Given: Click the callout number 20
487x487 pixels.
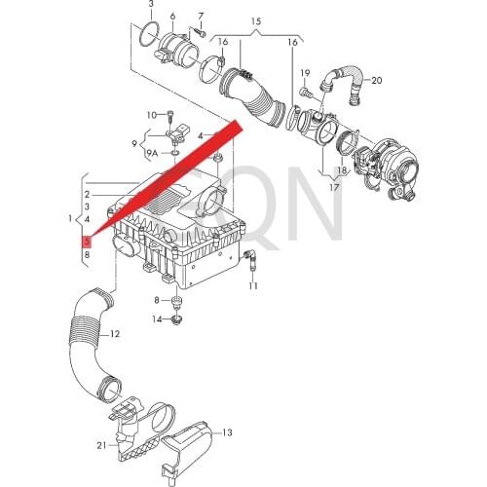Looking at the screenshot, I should point(377,80).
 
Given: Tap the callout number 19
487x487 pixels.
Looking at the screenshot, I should point(304,73).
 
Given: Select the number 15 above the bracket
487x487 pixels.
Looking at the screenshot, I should point(256,20).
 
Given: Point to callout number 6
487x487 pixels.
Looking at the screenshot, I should point(172,17).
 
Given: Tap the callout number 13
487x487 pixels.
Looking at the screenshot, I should point(228,431).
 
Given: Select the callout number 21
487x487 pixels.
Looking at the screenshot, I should point(101,445).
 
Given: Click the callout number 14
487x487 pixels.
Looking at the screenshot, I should point(157,319).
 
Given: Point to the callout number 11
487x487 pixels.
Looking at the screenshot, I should point(252,286).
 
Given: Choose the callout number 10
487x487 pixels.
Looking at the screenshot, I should point(151,115).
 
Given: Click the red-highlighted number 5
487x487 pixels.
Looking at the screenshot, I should point(87,240).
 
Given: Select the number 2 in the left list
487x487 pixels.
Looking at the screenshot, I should point(87,196).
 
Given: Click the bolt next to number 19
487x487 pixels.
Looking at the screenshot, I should point(302,91).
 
